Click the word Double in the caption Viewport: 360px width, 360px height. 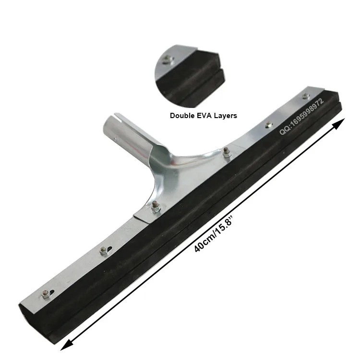pos(181,116)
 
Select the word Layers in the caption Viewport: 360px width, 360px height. pos(225,116)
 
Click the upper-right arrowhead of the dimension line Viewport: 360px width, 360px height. pos(339,124)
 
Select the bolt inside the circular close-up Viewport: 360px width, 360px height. pos(167,60)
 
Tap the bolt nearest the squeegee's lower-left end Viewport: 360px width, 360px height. pos(46,294)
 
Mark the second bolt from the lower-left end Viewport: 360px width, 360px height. pos(104,250)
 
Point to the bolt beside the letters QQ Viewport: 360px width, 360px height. pos(268,126)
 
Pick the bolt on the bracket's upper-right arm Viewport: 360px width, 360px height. pos(225,151)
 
